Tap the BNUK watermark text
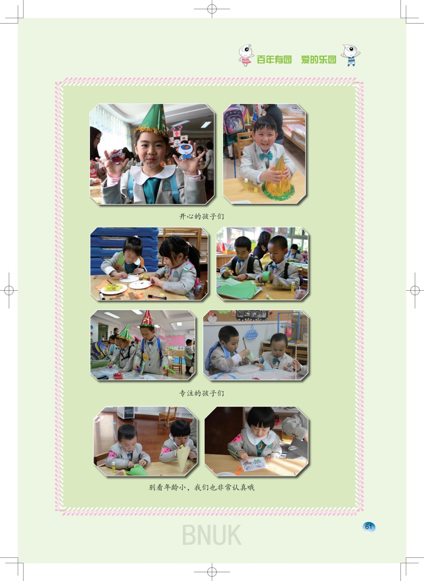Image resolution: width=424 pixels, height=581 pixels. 212,535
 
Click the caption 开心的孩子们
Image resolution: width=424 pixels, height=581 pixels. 201,216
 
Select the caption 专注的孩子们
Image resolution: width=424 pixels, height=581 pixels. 201,393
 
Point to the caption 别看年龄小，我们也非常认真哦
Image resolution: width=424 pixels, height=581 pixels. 201,488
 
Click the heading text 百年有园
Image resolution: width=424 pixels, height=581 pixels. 274,60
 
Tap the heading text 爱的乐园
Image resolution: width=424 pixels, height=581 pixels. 319,60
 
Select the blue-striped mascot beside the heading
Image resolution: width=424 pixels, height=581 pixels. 350,55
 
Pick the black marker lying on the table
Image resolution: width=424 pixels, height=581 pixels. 157,297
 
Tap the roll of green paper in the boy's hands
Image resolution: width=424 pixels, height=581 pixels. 266,275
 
